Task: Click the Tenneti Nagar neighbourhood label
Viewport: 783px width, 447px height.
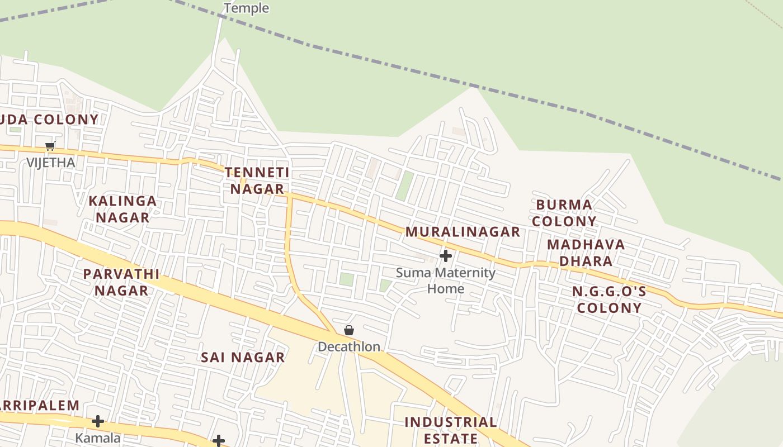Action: pyautogui.click(x=257, y=180)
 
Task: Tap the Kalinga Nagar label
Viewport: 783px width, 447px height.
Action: pyautogui.click(x=122, y=209)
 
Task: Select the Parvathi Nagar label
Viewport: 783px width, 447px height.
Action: pyautogui.click(x=121, y=282)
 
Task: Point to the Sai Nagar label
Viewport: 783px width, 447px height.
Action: pyautogui.click(x=243, y=357)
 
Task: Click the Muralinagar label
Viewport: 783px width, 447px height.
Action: pyautogui.click(x=463, y=231)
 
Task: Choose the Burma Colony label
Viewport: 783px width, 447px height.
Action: pyautogui.click(x=564, y=213)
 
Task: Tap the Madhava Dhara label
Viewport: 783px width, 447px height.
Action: pyautogui.click(x=586, y=253)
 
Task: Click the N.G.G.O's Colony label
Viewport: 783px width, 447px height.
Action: pyautogui.click(x=609, y=299)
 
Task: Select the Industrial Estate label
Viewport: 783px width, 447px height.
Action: pyautogui.click(x=450, y=430)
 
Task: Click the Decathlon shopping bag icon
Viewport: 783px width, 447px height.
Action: pyautogui.click(x=349, y=330)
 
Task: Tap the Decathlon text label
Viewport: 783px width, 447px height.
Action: pyautogui.click(x=349, y=346)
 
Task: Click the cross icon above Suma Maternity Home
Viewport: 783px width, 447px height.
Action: pyautogui.click(x=446, y=256)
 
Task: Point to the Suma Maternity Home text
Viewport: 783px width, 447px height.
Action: pyautogui.click(x=446, y=280)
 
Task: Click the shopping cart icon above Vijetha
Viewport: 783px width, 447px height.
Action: pyautogui.click(x=50, y=146)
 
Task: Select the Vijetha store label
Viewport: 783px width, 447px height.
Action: pyautogui.click(x=51, y=163)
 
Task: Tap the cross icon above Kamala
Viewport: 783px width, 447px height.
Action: pyautogui.click(x=98, y=421)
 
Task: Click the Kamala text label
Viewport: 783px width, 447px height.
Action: pyautogui.click(x=98, y=438)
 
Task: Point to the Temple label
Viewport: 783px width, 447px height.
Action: pyautogui.click(x=246, y=8)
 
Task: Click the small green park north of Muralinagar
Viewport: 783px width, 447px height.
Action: pyautogui.click(x=404, y=186)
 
